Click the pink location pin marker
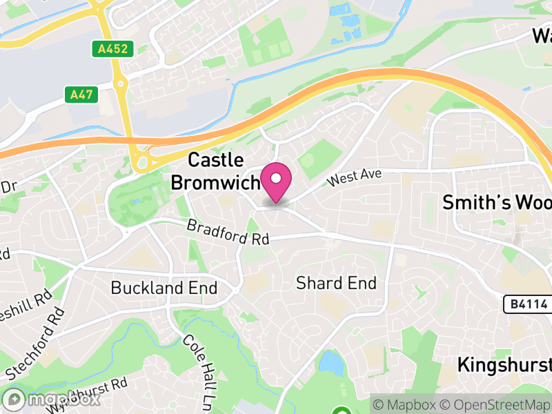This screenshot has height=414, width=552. pos(277,182)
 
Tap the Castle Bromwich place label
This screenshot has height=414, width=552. pos(215,171)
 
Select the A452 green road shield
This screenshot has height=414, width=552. pos(111,48)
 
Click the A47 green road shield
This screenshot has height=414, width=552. pos(81,95)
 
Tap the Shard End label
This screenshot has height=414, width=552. pos(336,283)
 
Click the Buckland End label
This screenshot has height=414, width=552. pos(164,288)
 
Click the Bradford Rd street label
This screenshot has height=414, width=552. pos(228,233)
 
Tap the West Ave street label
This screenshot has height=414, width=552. pos(355,178)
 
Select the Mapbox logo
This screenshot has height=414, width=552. pos(52,399)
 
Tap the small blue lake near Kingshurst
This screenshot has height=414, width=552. pos(332,362)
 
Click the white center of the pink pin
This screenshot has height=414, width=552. pos(277,178)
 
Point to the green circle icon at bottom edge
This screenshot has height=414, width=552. pos(341,411)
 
